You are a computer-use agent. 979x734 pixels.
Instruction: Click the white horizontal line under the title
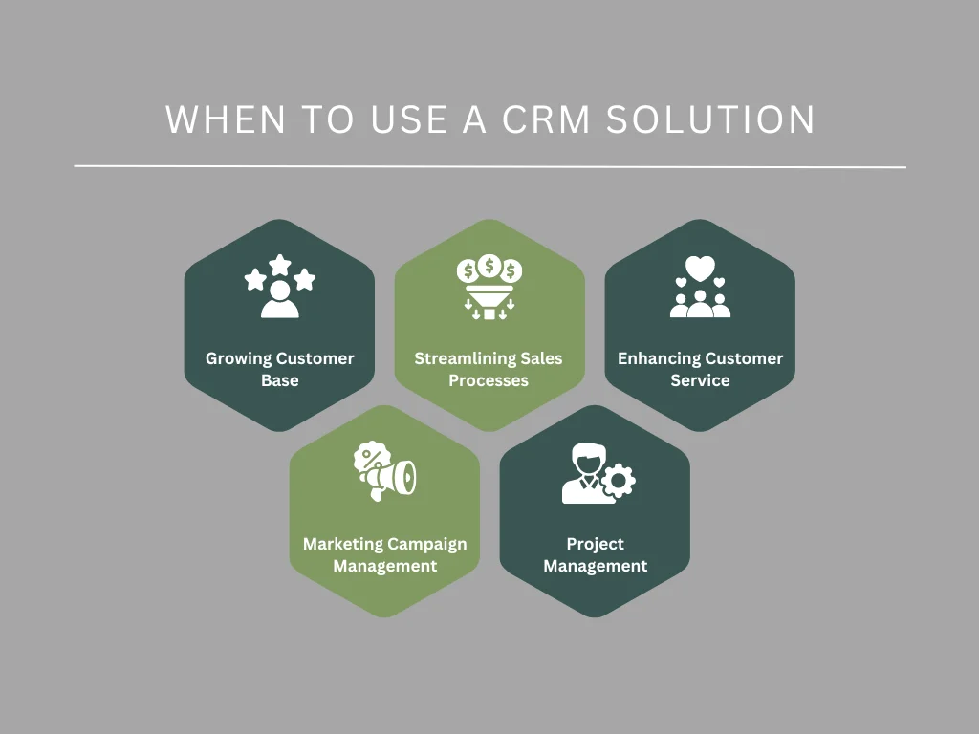click(489, 167)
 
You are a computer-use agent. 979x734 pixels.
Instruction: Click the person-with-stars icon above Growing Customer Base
click(279, 287)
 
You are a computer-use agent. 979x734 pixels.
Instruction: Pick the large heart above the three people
click(700, 269)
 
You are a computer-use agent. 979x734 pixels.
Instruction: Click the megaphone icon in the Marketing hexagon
click(387, 472)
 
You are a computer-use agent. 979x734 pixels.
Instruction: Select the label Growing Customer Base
click(279, 369)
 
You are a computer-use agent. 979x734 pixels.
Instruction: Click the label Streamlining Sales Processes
click(489, 369)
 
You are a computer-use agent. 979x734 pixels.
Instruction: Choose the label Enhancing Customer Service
click(700, 369)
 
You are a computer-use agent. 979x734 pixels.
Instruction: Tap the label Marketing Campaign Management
click(384, 554)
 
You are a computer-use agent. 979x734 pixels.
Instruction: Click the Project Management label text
click(595, 554)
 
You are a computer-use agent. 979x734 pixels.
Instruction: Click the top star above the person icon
click(279, 263)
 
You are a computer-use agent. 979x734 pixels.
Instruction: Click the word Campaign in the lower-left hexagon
click(421, 544)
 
